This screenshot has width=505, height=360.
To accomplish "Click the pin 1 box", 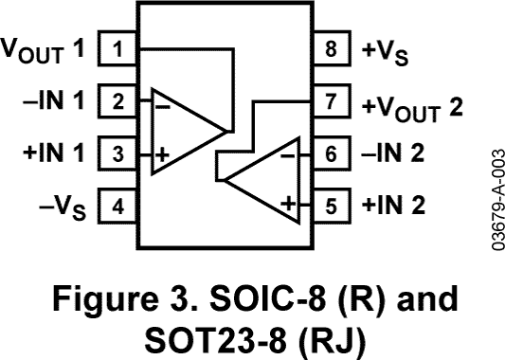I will point(117,47).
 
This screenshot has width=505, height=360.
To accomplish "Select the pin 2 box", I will point(117,100).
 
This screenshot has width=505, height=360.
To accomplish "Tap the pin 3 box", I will point(117,153).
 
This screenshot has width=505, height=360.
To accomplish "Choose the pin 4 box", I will point(117,205).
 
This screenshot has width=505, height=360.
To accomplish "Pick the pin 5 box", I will point(330,204).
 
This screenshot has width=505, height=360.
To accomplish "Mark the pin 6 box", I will point(330,153).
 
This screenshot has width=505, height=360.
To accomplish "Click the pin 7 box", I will point(330,100).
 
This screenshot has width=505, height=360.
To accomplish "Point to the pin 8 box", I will point(330,47).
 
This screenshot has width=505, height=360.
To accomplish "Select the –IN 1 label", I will point(55,100).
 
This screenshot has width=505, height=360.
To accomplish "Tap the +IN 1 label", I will point(55,153).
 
